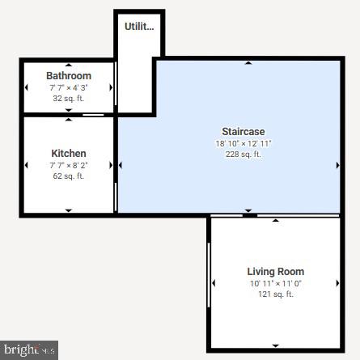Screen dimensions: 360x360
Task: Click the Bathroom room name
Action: pos(69,75)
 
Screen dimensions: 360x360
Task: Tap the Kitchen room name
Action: pos(69,153)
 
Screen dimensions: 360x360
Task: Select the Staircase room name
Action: pos(243,131)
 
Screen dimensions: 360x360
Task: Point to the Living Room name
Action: pos(275,271)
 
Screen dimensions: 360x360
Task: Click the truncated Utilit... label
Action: pos(139,27)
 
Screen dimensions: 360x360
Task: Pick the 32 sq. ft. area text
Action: pos(69,98)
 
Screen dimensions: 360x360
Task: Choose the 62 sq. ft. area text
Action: pos(69,176)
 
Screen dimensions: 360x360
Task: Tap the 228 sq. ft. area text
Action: pos(243,154)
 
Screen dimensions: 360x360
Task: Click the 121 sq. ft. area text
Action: pos(275,294)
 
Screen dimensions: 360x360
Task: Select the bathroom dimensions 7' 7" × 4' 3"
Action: pos(69,87)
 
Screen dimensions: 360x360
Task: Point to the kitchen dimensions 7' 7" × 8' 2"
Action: pos(69,165)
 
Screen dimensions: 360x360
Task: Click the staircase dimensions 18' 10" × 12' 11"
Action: pos(243,143)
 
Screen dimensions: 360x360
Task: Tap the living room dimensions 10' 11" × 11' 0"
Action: pos(275,283)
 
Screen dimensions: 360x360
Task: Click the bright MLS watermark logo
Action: pos(29,349)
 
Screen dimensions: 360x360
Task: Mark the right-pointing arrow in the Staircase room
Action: pos(338,165)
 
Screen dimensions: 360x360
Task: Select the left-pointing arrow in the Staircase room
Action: pos(121,165)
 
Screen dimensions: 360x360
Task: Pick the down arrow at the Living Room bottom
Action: pos(275,345)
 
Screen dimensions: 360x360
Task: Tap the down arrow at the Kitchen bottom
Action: pos(69,210)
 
